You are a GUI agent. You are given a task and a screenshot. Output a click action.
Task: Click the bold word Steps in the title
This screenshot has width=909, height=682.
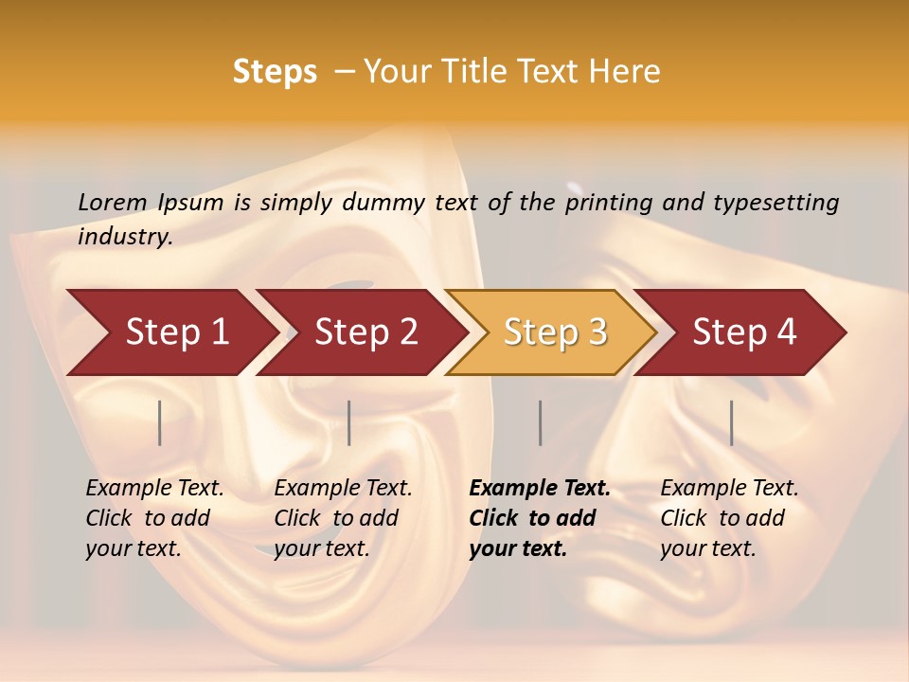[x=275, y=72]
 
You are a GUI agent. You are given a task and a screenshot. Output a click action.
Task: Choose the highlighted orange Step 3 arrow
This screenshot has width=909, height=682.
[x=555, y=332]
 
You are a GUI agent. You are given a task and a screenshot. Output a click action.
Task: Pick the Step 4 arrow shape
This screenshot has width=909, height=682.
[x=744, y=332]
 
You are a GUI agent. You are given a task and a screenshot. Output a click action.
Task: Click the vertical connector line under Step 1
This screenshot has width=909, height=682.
[x=160, y=422]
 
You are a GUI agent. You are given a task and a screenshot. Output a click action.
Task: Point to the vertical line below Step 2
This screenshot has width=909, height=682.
[x=349, y=422]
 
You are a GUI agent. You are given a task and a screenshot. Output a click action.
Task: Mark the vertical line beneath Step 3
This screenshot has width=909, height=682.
[x=540, y=422]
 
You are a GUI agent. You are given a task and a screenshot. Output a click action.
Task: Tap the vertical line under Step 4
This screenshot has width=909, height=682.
[x=731, y=422]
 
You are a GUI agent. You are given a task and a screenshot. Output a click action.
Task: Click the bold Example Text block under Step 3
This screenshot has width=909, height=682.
[x=539, y=518]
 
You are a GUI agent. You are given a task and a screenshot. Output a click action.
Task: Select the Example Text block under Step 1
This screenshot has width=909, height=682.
[x=154, y=518]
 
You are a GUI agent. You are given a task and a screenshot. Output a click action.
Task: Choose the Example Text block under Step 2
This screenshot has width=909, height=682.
[x=343, y=518]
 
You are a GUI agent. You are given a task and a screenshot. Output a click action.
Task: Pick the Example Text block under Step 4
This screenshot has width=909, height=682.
[x=729, y=518]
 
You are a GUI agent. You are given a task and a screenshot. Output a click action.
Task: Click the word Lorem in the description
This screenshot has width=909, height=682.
[x=113, y=202]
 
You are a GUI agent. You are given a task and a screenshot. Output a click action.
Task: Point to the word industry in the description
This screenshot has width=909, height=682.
[x=123, y=237]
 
